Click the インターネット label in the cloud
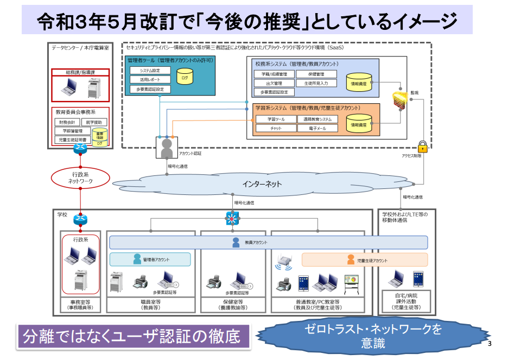pos(262,185)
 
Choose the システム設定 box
pos(150,71)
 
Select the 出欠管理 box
pos(274,84)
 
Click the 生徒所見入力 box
pos(316,84)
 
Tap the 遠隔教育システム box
pos(317,119)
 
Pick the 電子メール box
pos(317,128)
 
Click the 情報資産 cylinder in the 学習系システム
pos(359,123)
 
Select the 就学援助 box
pos(96,123)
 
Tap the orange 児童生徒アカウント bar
pos(365,260)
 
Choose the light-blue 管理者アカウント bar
pos(150,260)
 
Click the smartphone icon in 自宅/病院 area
pos(417,279)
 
